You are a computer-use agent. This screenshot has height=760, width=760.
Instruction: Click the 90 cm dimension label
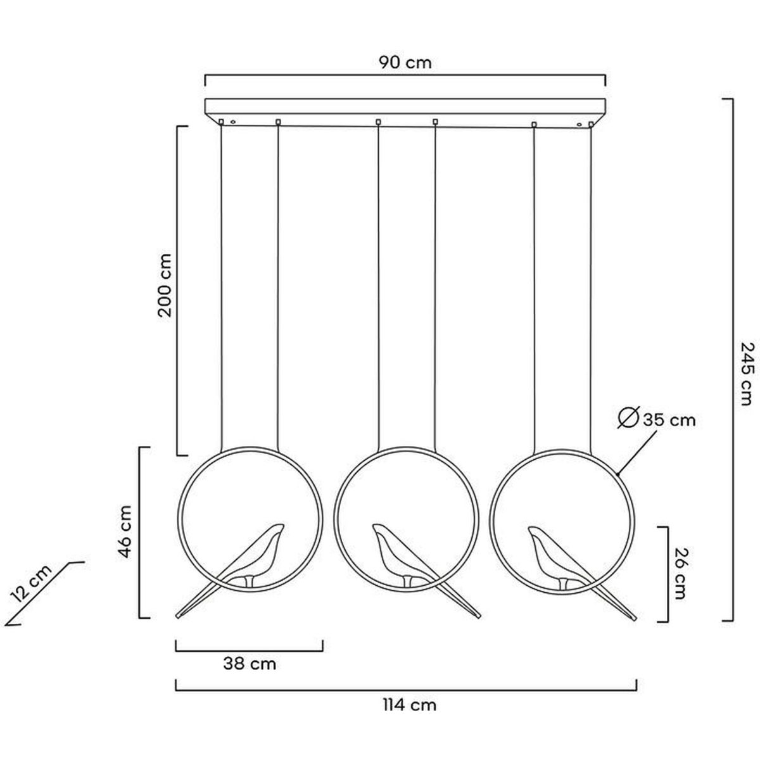tap(405, 62)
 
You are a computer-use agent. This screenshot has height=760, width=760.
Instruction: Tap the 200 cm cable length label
tap(165, 285)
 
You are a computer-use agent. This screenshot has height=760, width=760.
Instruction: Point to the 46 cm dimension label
tap(125, 531)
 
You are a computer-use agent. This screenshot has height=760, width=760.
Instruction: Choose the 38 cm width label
tap(250, 664)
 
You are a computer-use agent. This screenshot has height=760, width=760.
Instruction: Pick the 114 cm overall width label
tap(410, 704)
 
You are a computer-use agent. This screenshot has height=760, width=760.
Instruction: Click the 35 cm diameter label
tap(669, 421)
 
